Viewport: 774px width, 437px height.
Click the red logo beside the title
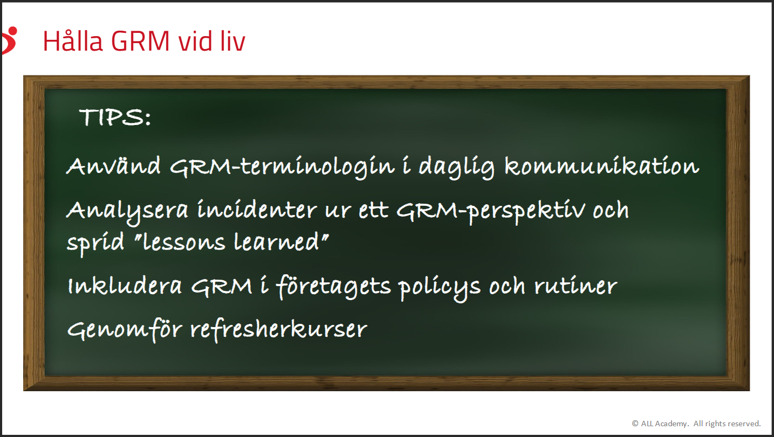coord(10,40)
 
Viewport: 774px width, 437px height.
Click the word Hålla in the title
coord(73,41)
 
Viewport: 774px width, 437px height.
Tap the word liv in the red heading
coord(231,41)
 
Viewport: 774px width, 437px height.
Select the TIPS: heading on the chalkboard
coord(115,117)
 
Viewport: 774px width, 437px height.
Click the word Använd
coord(114,165)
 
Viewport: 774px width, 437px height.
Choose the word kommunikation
coord(602,165)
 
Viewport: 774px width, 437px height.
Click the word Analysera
coord(127,211)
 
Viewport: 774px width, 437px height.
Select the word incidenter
coord(257,210)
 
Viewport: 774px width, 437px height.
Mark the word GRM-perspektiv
coord(491,212)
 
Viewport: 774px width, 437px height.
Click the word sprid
coord(95,243)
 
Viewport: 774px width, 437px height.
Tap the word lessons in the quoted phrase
coord(184,241)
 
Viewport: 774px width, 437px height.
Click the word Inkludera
coord(125,286)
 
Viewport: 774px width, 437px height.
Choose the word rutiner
coord(576,286)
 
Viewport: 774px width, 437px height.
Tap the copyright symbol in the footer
coord(635,424)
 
